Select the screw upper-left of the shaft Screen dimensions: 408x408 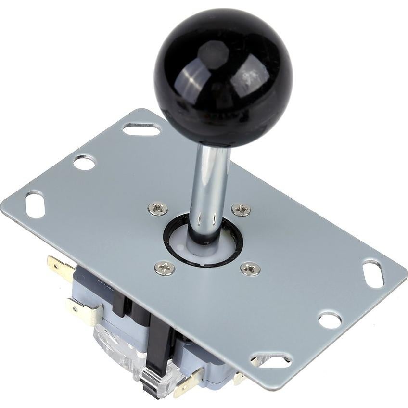(157, 208)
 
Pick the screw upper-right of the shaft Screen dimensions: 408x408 (241, 209)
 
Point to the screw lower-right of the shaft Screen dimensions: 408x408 (250, 268)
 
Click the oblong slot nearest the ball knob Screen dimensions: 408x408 (141, 128)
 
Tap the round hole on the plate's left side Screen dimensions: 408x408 (84, 163)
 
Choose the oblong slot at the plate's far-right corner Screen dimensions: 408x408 (373, 274)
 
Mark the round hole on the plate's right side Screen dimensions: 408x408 (330, 320)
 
